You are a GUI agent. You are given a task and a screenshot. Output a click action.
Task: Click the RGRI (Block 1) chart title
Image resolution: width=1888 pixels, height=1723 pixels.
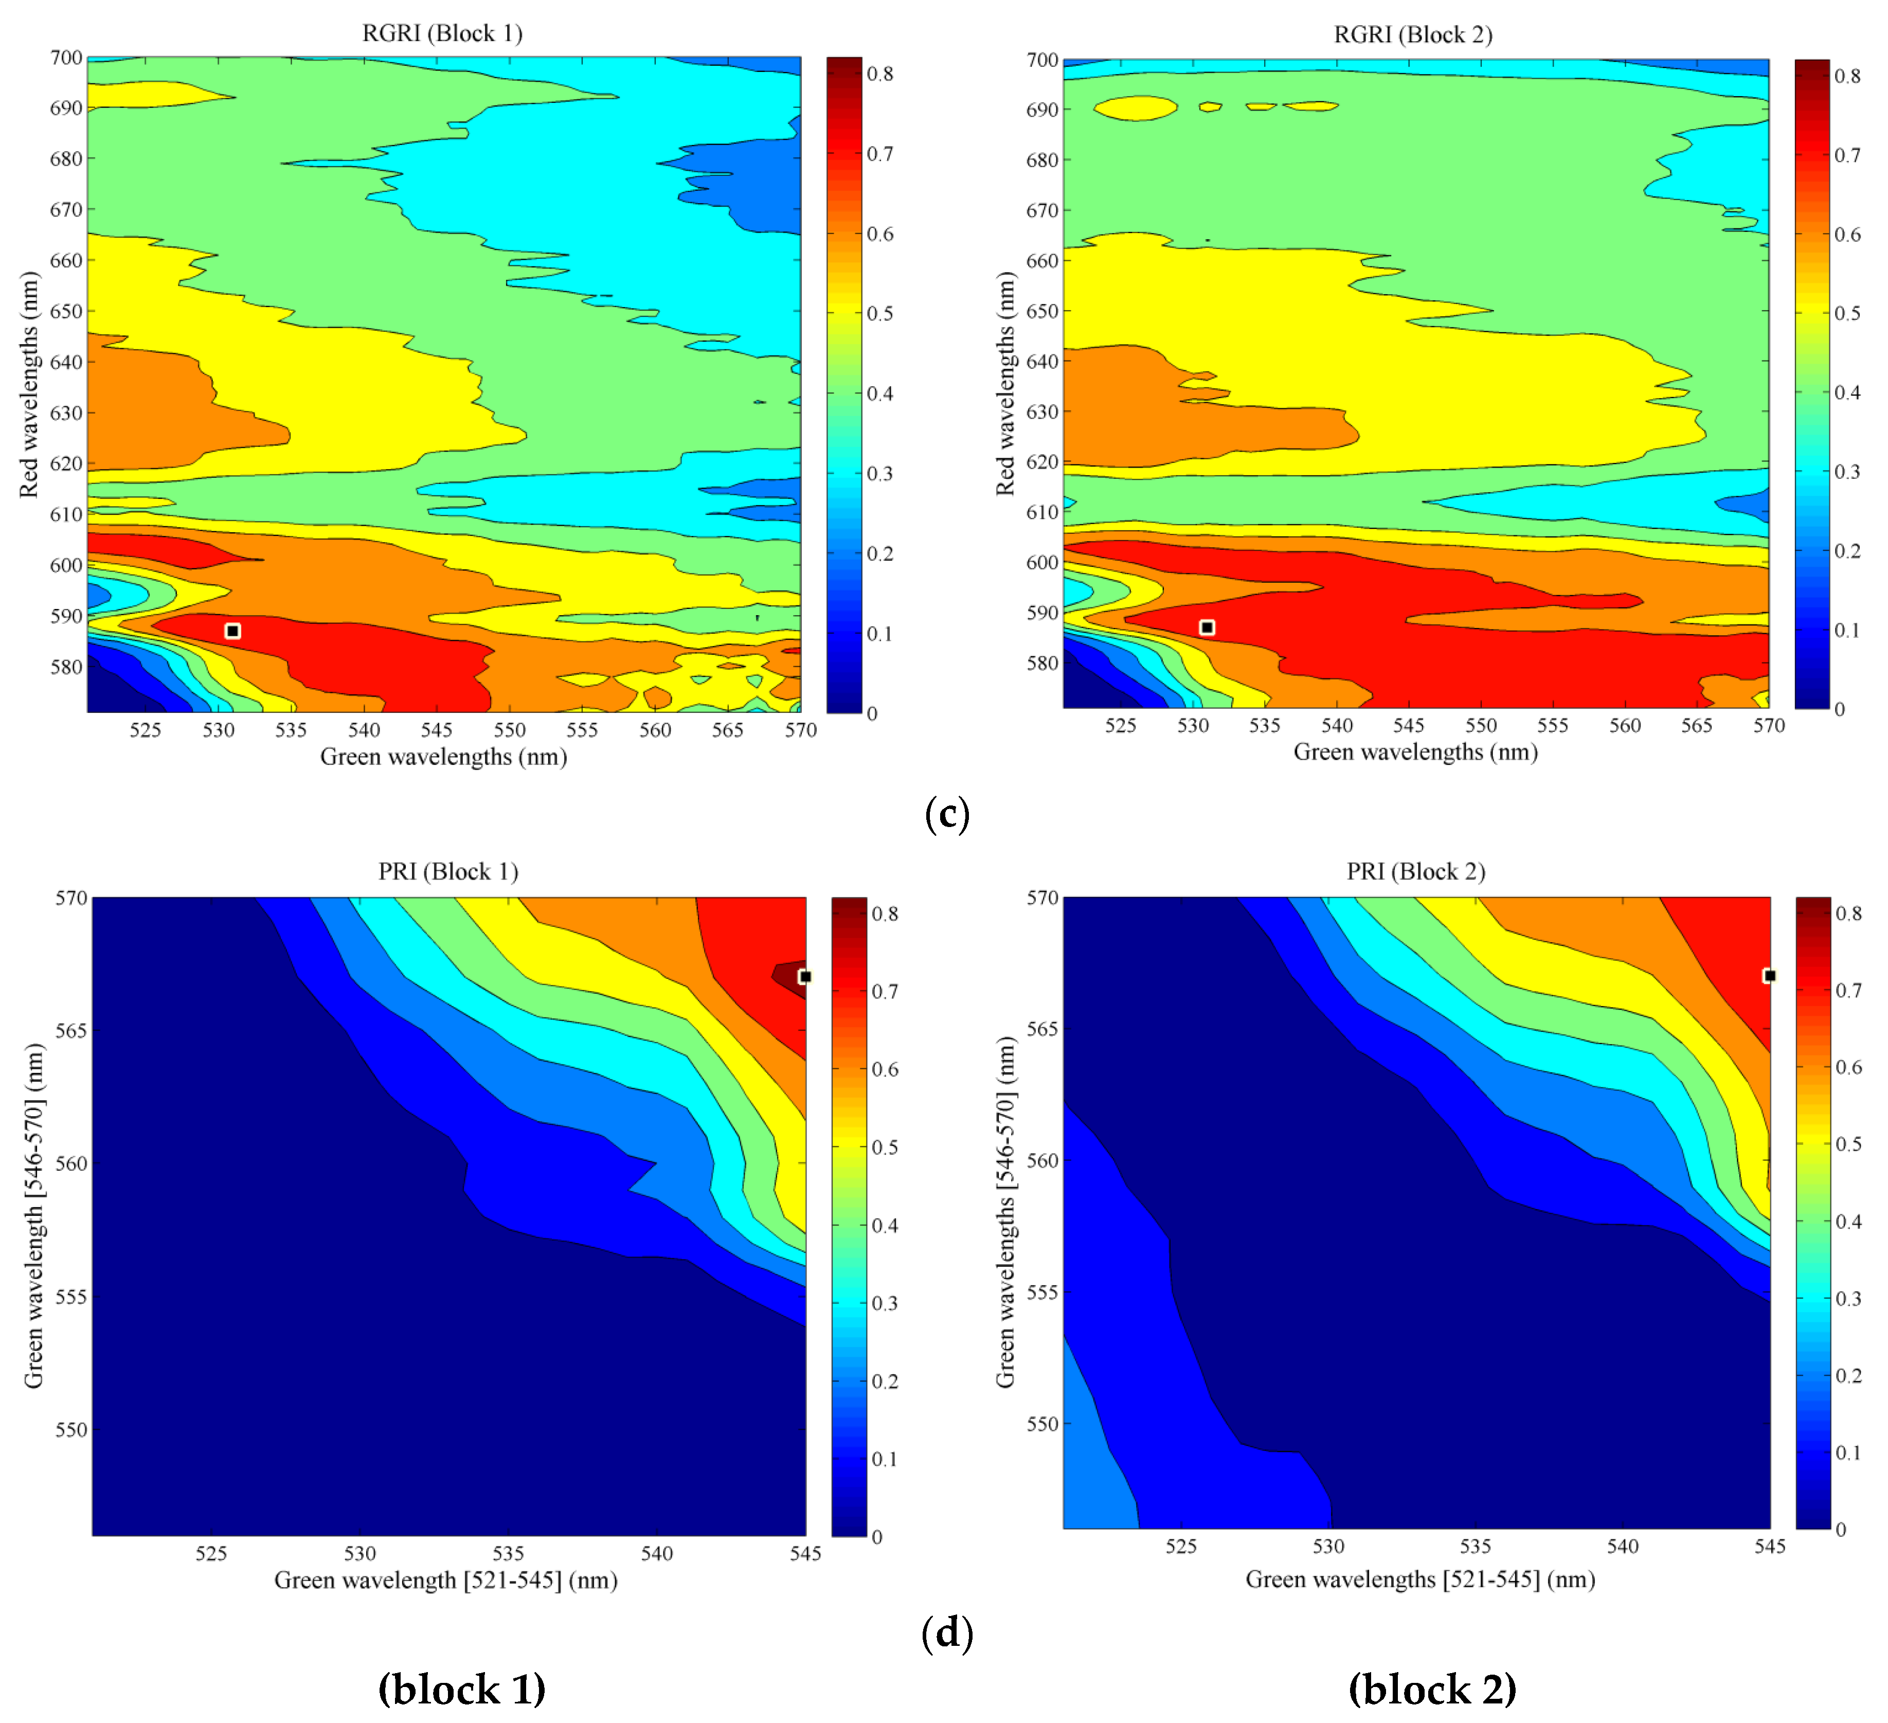tap(442, 34)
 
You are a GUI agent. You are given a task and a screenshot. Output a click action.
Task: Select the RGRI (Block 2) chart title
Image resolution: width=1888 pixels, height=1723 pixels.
tap(1412, 34)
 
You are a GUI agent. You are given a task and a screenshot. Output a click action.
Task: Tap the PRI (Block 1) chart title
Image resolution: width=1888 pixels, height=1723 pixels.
tap(447, 872)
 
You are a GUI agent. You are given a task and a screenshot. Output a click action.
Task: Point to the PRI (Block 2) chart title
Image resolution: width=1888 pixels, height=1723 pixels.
tap(1415, 872)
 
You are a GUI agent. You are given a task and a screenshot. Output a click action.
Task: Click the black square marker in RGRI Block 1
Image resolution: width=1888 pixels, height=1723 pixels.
tap(233, 631)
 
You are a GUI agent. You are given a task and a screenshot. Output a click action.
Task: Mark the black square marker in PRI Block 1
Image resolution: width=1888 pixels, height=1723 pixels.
tap(804, 977)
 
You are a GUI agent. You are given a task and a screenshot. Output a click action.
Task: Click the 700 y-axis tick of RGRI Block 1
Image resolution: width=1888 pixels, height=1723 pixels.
tap(65, 58)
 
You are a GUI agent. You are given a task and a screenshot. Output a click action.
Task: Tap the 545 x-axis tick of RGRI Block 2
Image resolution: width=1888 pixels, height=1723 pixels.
tap(1409, 726)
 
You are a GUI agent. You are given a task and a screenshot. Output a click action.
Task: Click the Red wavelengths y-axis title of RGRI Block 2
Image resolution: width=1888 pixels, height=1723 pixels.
tap(1005, 384)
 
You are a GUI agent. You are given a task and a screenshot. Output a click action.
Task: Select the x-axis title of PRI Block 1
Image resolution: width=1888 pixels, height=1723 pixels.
tap(446, 1581)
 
